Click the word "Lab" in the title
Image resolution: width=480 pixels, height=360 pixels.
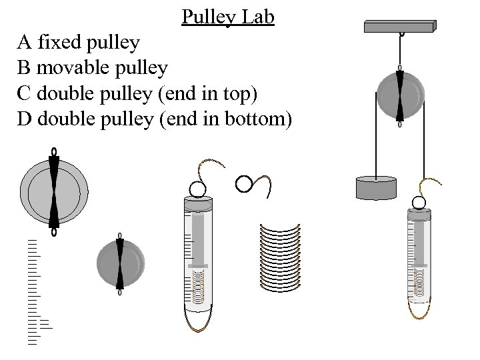point(259,17)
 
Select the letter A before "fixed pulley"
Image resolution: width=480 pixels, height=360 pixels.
point(25,43)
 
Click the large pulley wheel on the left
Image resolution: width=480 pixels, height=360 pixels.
point(54,193)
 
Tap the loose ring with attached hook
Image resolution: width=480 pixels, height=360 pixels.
point(253,184)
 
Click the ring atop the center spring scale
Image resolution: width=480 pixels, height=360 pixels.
point(197,189)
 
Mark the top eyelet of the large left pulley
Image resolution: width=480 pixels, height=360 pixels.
point(54,151)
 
